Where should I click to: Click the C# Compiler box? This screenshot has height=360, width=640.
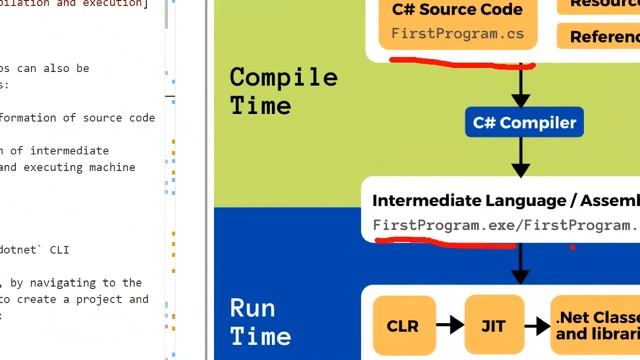pyautogui.click(x=524, y=123)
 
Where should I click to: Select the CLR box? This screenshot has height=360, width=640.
pyautogui.click(x=403, y=325)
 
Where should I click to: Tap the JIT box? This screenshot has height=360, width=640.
pyautogui.click(x=494, y=325)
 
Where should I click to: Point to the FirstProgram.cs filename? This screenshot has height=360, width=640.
pyautogui.click(x=458, y=34)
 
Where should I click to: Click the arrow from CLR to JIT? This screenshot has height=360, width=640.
pyautogui.click(x=449, y=325)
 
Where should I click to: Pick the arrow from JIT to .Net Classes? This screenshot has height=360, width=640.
pyautogui.click(x=537, y=325)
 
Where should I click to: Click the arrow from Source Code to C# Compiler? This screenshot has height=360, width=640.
pyautogui.click(x=520, y=86)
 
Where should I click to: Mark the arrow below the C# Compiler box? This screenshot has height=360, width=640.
pyautogui.click(x=520, y=158)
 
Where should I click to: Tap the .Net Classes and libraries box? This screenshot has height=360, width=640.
pyautogui.click(x=595, y=325)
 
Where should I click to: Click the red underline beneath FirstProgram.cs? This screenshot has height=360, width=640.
pyautogui.click(x=460, y=64)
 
